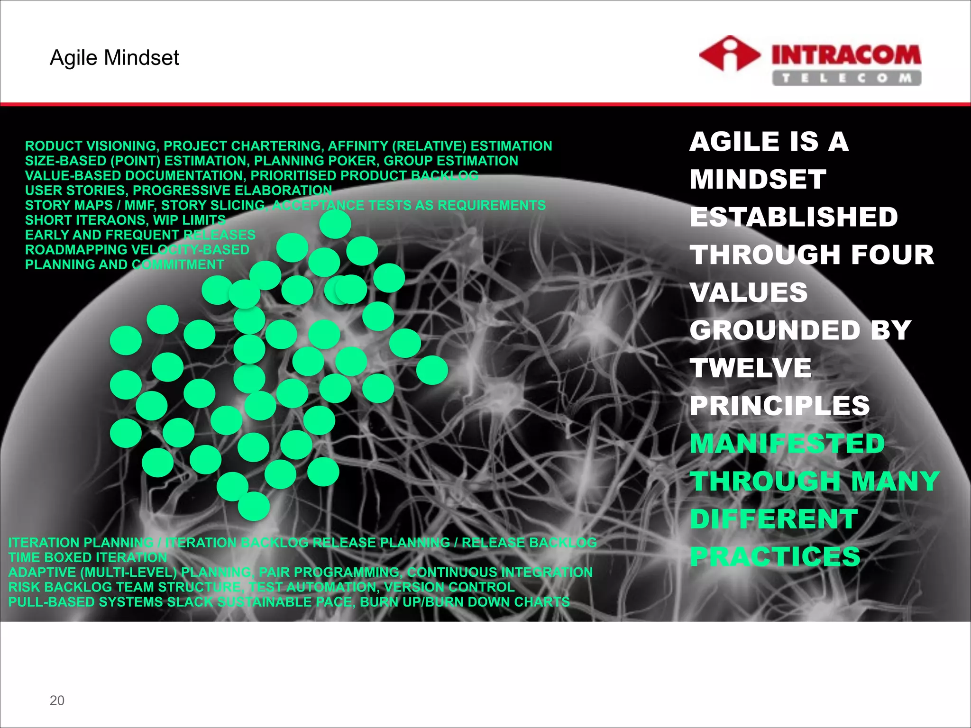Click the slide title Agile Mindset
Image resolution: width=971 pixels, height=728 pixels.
coord(114,58)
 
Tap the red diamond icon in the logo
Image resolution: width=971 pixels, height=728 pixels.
coord(729,54)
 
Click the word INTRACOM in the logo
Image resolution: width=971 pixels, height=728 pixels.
coord(846,55)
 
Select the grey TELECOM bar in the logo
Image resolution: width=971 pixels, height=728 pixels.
coord(846,78)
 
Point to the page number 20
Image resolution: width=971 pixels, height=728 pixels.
coord(57,700)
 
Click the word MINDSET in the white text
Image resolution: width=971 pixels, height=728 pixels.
coord(758,179)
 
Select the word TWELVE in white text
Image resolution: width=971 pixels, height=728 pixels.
coord(751,368)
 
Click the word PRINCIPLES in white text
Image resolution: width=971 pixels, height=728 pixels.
coord(779,406)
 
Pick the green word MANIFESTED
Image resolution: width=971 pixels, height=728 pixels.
coord(787,444)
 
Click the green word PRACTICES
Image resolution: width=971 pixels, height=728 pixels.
coord(775,556)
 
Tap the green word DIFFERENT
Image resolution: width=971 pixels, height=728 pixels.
coord(774,519)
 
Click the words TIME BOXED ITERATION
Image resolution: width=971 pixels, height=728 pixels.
coord(88,557)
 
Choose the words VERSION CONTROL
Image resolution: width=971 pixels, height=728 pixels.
coord(449,587)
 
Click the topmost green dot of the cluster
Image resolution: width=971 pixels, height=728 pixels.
coord(335,224)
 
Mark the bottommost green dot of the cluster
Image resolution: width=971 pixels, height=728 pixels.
coord(254,506)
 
